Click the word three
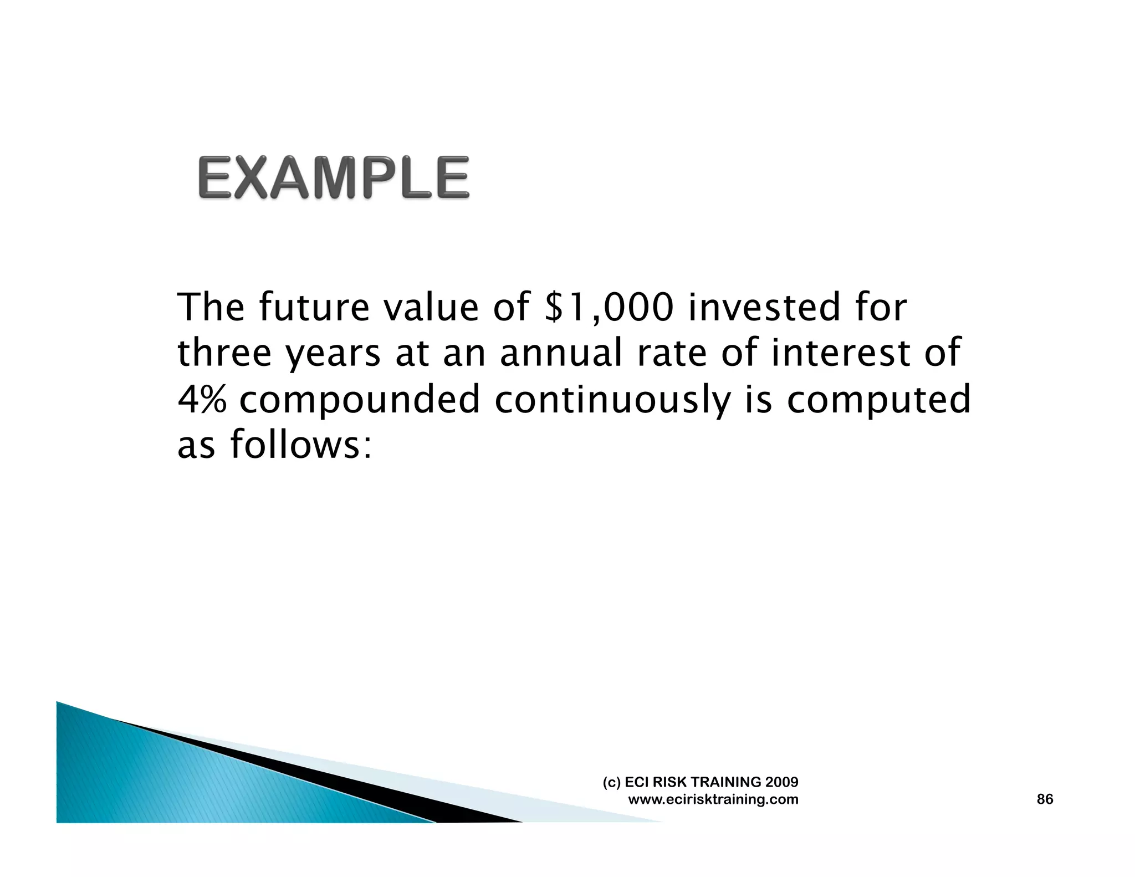[224, 353]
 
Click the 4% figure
[202, 399]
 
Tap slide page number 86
[1045, 799]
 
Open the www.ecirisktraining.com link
[713, 799]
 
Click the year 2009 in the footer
[781, 782]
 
